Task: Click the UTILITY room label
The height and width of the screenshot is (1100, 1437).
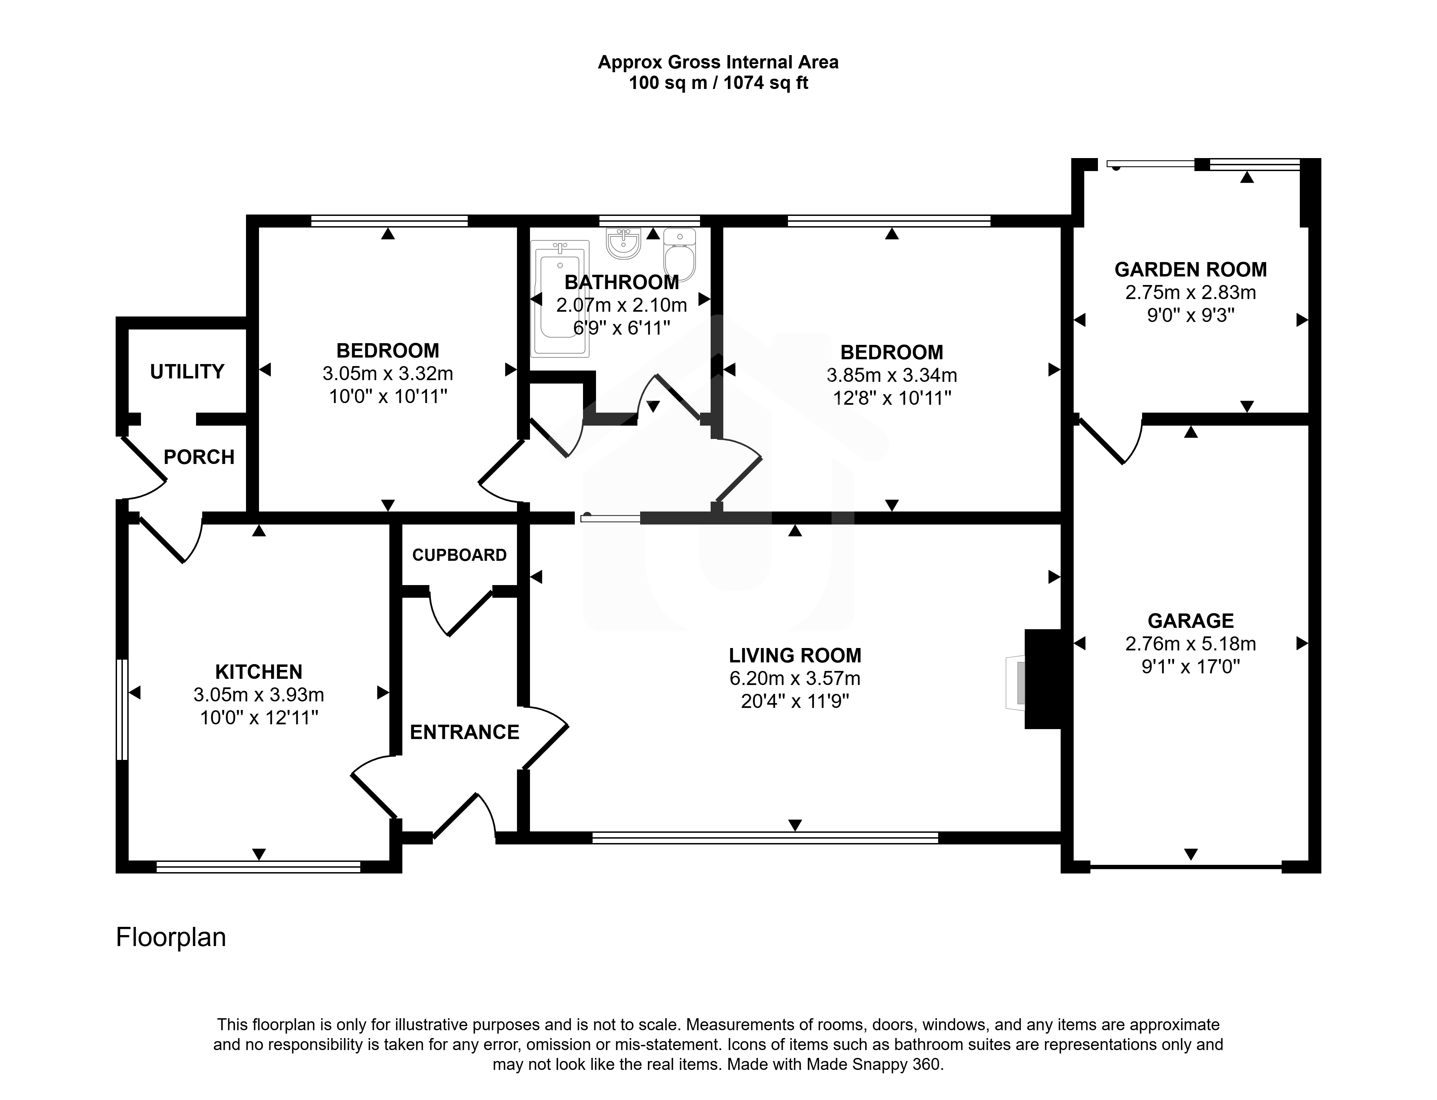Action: [187, 372]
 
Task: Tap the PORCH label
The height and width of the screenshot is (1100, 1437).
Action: [199, 457]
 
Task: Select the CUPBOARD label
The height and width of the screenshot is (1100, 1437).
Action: [459, 555]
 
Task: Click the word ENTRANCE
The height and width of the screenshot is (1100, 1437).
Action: [465, 732]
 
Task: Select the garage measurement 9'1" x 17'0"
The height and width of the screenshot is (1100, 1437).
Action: [1191, 667]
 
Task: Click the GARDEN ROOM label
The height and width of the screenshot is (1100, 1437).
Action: [1191, 270]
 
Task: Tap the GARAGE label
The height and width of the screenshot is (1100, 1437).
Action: [1191, 621]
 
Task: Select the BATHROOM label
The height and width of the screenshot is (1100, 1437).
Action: [622, 282]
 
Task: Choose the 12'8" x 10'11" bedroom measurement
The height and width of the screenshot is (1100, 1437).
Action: [892, 398]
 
